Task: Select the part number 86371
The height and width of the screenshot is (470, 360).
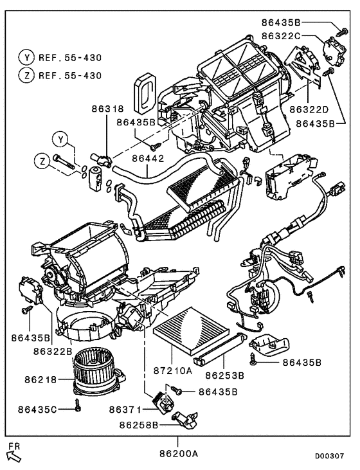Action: [x=125, y=409]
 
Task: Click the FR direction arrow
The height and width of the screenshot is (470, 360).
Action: [x=13, y=455]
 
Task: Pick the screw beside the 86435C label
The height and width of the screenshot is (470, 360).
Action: [x=77, y=406]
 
